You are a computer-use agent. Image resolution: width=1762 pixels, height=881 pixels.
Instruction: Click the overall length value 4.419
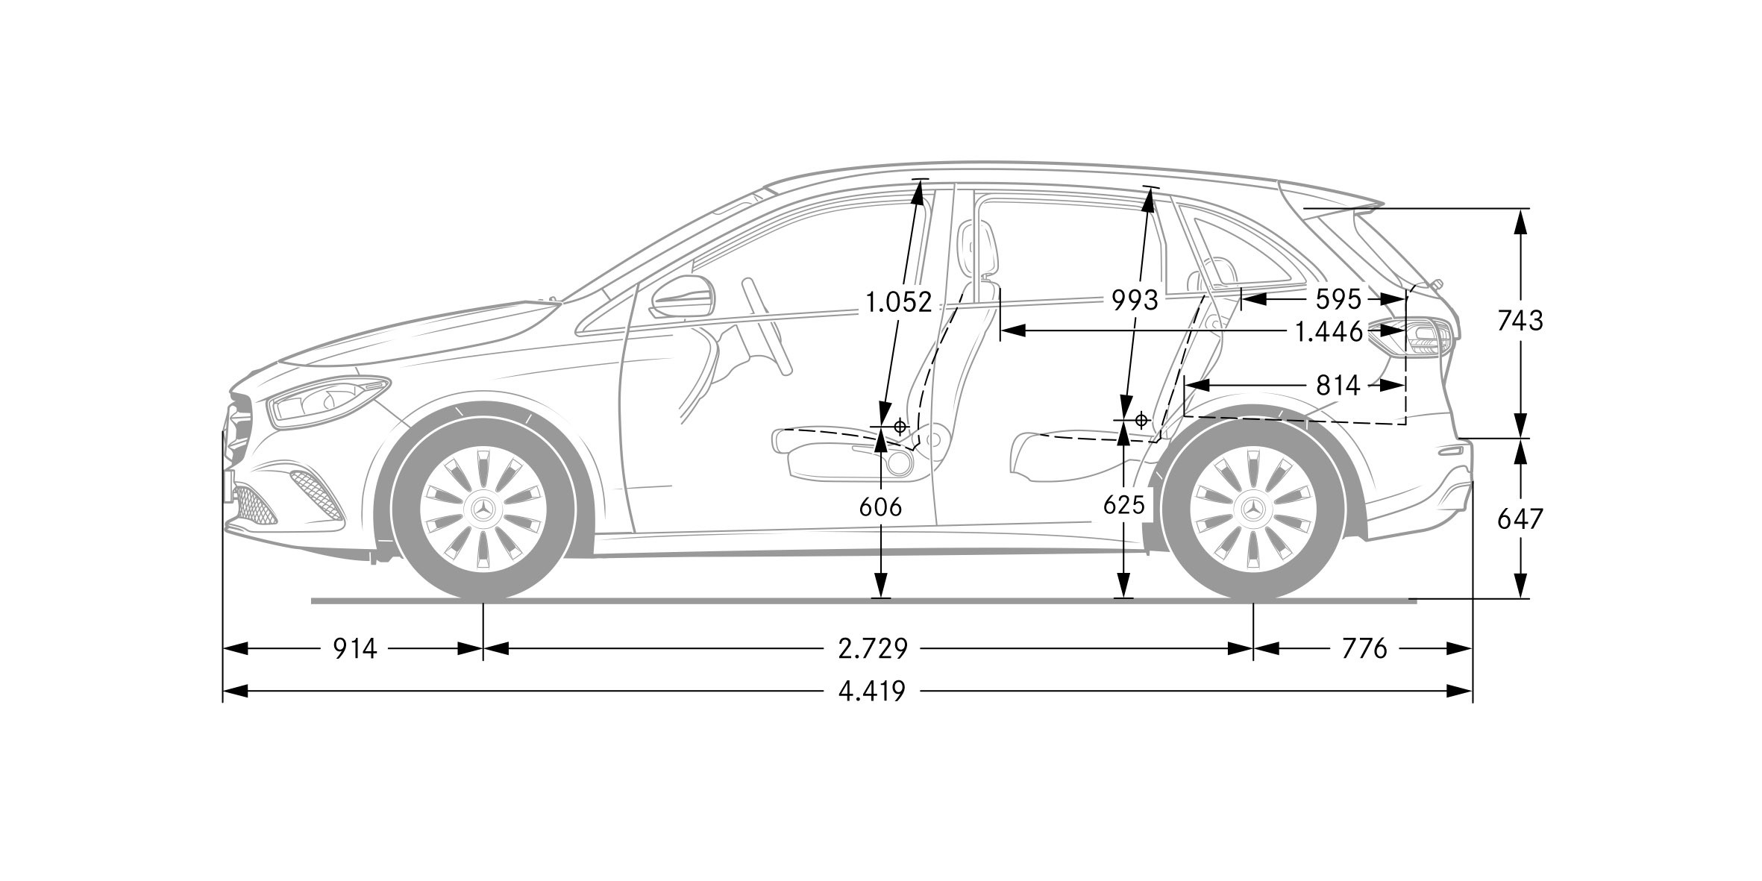tap(871, 692)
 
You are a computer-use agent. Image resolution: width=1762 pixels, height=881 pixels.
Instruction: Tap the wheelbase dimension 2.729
tap(873, 649)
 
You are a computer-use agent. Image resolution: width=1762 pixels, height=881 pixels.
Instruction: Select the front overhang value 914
tap(354, 649)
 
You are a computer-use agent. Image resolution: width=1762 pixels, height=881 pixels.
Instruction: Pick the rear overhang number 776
tap(1364, 649)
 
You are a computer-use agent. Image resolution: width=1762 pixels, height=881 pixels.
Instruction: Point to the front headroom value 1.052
tap(898, 302)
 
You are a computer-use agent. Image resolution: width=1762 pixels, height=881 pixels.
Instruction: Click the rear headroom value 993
tap(1135, 301)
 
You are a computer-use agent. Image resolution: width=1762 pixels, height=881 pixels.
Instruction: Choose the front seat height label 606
tap(880, 507)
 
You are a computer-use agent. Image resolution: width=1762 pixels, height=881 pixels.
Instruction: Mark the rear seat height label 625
tap(1123, 506)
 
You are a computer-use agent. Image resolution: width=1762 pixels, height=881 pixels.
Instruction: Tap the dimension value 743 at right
tap(1520, 321)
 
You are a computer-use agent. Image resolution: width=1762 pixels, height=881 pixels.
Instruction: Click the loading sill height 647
tap(1520, 519)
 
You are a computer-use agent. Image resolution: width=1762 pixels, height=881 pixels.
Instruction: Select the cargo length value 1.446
tap(1329, 332)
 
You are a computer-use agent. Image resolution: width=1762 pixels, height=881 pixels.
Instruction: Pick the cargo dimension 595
tap(1338, 300)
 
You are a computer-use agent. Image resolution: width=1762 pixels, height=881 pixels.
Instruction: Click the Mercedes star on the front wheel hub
tap(483, 510)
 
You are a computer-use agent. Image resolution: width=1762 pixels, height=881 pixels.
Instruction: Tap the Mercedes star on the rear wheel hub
tap(1253, 510)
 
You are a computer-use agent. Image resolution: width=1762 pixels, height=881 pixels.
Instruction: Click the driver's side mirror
tap(683, 297)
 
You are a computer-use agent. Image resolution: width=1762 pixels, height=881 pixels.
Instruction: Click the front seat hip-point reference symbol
tap(900, 427)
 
